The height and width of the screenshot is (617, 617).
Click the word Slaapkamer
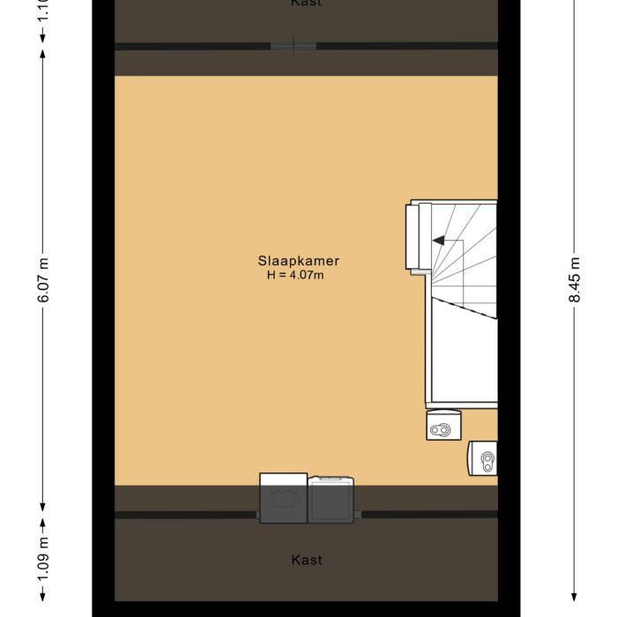298,261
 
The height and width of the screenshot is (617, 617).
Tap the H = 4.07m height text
296,275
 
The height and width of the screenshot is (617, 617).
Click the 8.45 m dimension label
575,281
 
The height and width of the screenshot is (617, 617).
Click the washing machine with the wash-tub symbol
283,499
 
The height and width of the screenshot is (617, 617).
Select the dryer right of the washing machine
331,500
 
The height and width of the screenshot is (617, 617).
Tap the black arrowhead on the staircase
436,240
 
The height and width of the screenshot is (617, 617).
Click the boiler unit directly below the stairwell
440,427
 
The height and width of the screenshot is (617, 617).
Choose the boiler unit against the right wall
482,457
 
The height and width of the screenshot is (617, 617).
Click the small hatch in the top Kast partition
294,46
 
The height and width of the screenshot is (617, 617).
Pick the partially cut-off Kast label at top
306,4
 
